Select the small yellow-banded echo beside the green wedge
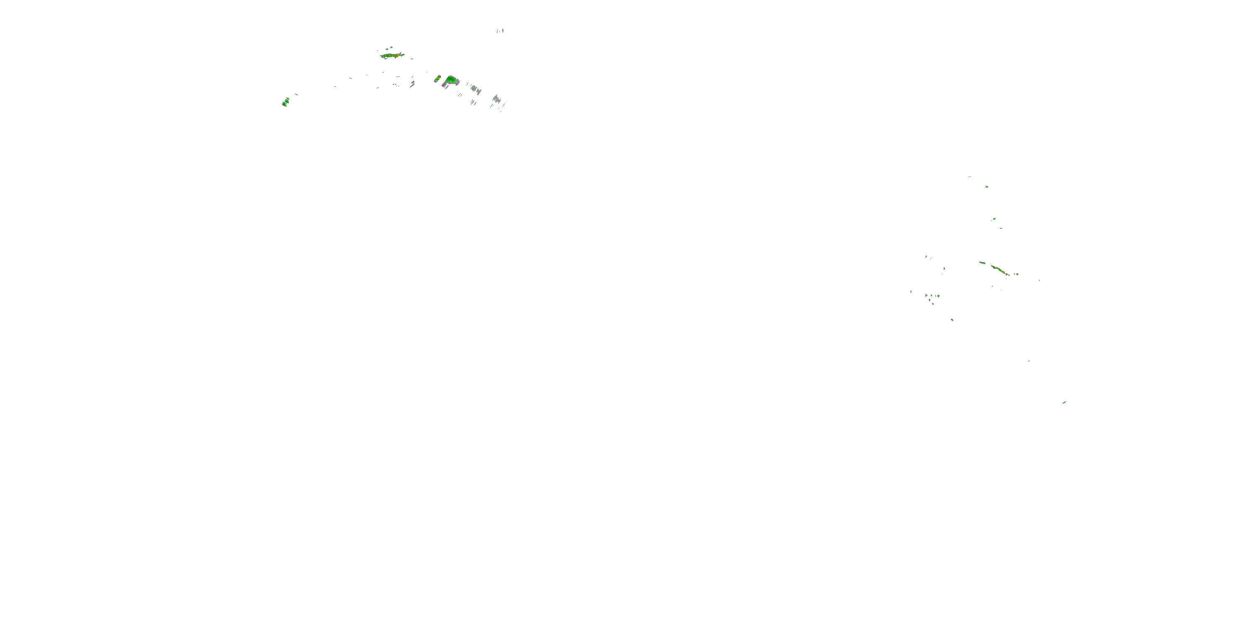437,78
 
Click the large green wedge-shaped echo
451,79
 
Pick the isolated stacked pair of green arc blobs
285,102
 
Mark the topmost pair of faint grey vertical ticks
500,31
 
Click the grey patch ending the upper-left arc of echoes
496,100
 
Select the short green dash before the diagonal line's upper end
982,262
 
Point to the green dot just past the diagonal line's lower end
1016,274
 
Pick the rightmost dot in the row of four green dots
938,296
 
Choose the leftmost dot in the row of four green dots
926,295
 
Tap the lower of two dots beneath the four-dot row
933,304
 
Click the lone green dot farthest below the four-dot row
952,320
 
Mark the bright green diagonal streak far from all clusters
1064,402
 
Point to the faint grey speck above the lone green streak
1028,361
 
